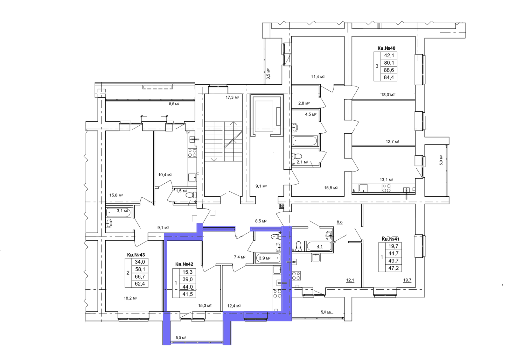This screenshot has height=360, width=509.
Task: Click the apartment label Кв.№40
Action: point(386,48)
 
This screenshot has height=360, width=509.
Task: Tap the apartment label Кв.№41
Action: point(390,239)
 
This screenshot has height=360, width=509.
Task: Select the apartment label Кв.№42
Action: point(184,264)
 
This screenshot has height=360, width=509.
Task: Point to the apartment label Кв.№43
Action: point(136,255)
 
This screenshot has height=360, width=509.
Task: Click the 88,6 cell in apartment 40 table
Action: point(389,70)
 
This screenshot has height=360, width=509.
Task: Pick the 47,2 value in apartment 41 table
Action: point(393,268)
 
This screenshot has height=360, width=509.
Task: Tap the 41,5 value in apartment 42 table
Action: point(187,294)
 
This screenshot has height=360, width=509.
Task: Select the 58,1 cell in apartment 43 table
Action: point(140,269)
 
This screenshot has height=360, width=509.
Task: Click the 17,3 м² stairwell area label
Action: point(232,98)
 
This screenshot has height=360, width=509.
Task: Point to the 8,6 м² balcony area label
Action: point(174,104)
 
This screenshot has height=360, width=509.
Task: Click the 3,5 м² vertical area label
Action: point(268,74)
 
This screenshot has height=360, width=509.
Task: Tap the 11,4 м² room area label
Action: point(318,77)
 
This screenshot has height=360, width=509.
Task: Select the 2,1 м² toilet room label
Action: point(302,162)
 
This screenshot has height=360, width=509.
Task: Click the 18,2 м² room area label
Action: point(130,298)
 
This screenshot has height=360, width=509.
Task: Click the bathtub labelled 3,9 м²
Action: point(268,258)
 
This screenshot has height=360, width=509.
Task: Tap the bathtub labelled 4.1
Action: point(319,246)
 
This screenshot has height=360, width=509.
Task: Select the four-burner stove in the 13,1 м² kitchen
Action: point(386,188)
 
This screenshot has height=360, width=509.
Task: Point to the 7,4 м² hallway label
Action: point(240,257)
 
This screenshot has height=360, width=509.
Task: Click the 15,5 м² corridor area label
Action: point(331,188)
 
